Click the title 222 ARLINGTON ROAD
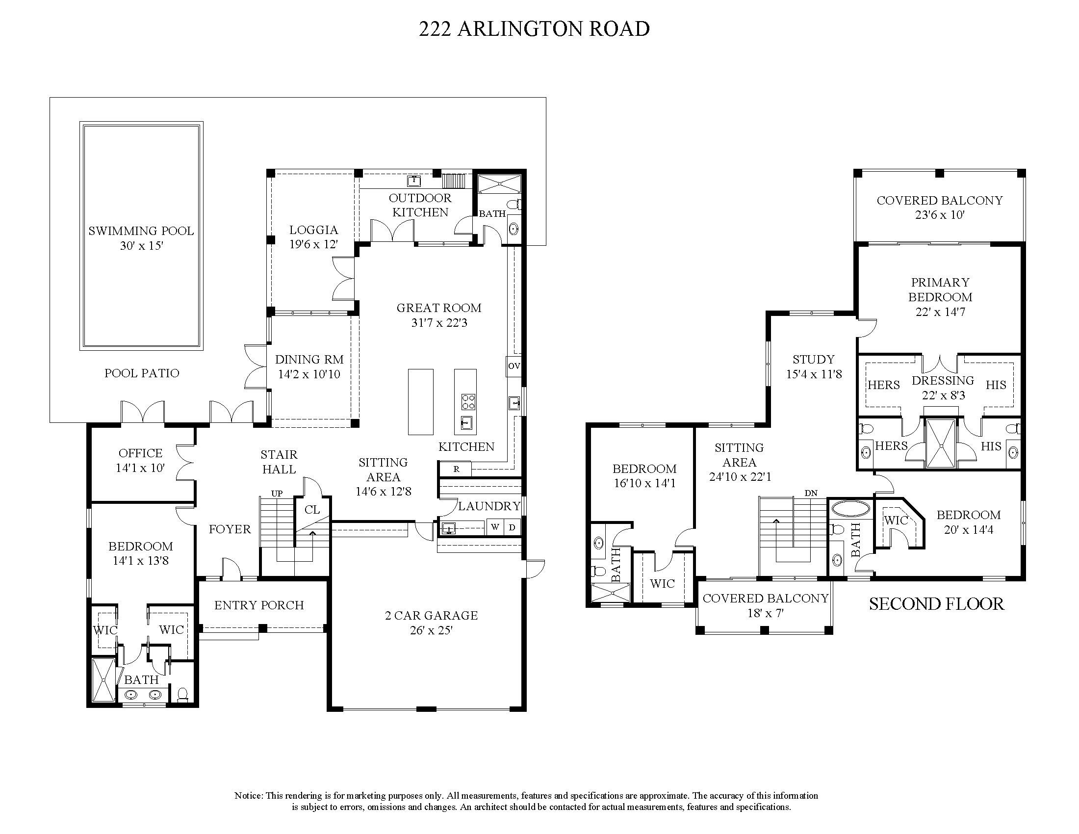534,29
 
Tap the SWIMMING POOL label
141,231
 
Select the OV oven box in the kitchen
514,366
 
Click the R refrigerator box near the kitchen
456,469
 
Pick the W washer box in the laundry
494,527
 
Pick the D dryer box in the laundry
513,527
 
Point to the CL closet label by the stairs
312,509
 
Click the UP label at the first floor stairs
277,494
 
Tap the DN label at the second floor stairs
811,493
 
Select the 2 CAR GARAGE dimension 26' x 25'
431,630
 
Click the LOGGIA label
314,230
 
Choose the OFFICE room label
140,453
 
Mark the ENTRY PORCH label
259,605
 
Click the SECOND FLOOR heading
936,604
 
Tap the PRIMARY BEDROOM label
940,289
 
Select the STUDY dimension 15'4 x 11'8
814,374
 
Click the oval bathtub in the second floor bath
850,509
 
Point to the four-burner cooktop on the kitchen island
467,401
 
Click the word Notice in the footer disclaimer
248,795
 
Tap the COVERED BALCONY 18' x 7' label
765,605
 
